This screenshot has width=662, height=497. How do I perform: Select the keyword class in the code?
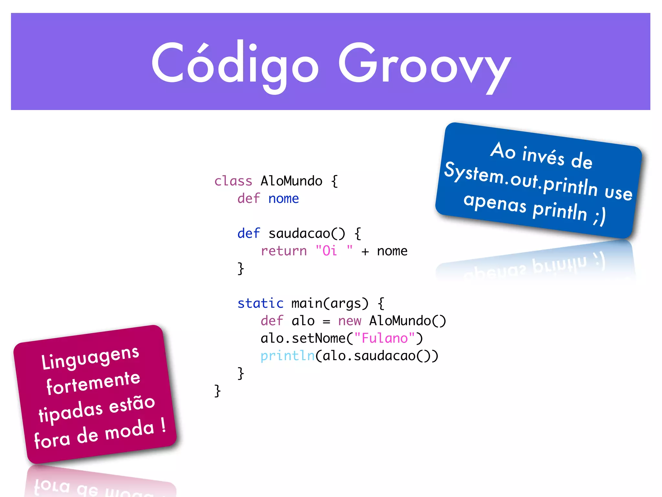(x=233, y=181)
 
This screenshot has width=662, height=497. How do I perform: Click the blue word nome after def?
(x=283, y=198)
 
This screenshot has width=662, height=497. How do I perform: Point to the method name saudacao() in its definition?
(x=306, y=233)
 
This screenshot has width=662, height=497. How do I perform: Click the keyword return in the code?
(x=283, y=251)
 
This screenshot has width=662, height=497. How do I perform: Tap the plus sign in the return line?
(x=365, y=251)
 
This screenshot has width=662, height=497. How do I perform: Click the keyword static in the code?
(x=260, y=303)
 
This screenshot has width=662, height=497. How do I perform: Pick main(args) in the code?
(x=330, y=303)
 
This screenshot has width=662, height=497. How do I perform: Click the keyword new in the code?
(x=349, y=321)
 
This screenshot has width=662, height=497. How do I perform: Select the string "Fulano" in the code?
(x=384, y=338)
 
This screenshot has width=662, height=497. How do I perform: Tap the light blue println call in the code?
(x=287, y=356)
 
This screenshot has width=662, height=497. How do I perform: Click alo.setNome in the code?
(x=303, y=338)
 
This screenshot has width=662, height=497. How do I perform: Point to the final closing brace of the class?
(x=217, y=391)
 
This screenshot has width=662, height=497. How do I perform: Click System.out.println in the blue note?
(x=520, y=179)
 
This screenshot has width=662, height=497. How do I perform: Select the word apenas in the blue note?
(x=495, y=203)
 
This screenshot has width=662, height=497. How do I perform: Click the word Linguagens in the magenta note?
(x=90, y=358)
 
